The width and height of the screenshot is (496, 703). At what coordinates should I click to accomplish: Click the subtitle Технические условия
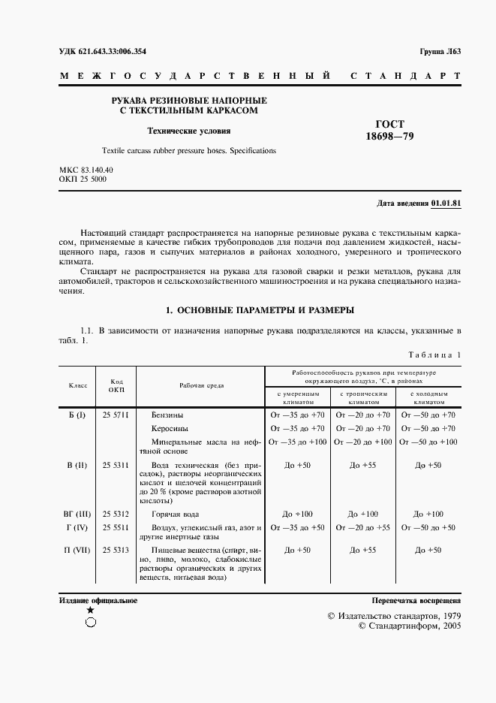point(188,131)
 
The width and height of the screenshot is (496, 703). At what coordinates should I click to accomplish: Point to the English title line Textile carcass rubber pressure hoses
point(167,150)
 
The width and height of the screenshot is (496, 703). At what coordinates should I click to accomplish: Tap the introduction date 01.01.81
point(446,204)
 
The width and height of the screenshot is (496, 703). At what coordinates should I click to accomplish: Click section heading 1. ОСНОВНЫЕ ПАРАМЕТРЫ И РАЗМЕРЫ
point(260,309)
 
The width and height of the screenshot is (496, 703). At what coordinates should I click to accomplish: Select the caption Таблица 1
point(435,355)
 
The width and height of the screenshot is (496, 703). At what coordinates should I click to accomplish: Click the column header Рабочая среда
point(200,385)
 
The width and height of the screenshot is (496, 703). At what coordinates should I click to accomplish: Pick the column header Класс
point(78,385)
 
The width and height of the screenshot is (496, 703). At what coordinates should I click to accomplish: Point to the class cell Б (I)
point(77,415)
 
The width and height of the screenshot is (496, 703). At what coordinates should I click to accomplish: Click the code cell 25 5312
point(116,514)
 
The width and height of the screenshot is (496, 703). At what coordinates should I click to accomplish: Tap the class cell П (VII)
point(77,550)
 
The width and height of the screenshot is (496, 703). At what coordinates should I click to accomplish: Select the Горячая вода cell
point(176,514)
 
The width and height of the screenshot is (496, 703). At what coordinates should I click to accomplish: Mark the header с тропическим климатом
point(363,397)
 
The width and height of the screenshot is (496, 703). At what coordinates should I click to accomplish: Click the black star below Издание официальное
point(90,611)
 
